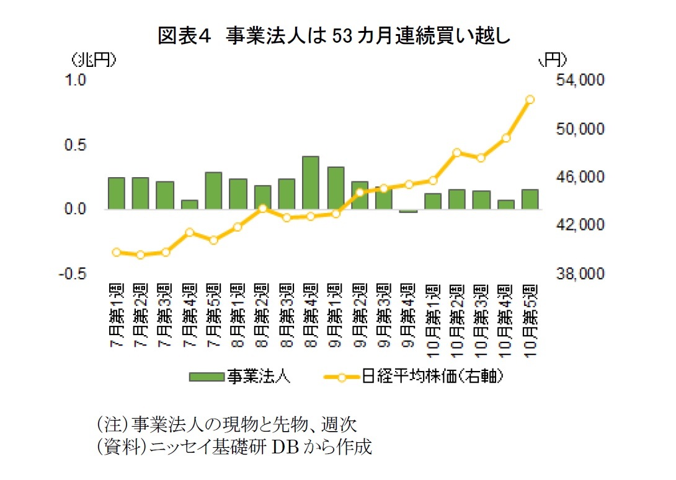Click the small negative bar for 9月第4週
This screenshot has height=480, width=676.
[x=408, y=211]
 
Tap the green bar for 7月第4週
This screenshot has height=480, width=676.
[x=189, y=204]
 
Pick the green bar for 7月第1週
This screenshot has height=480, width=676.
[x=116, y=193]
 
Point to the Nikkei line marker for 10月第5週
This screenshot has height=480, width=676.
[x=530, y=99]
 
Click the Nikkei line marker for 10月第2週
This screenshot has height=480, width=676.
[x=457, y=152]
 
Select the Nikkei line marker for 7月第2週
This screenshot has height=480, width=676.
[x=140, y=255]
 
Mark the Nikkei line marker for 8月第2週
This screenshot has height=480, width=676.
[x=262, y=208]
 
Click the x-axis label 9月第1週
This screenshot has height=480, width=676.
[x=335, y=317]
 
